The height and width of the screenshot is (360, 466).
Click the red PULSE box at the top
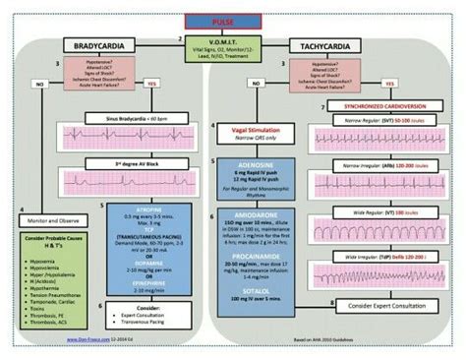click(233, 20)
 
